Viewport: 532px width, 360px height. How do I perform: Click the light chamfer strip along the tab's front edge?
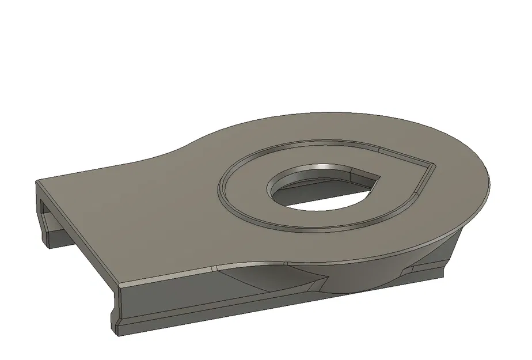pos(167,276)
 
